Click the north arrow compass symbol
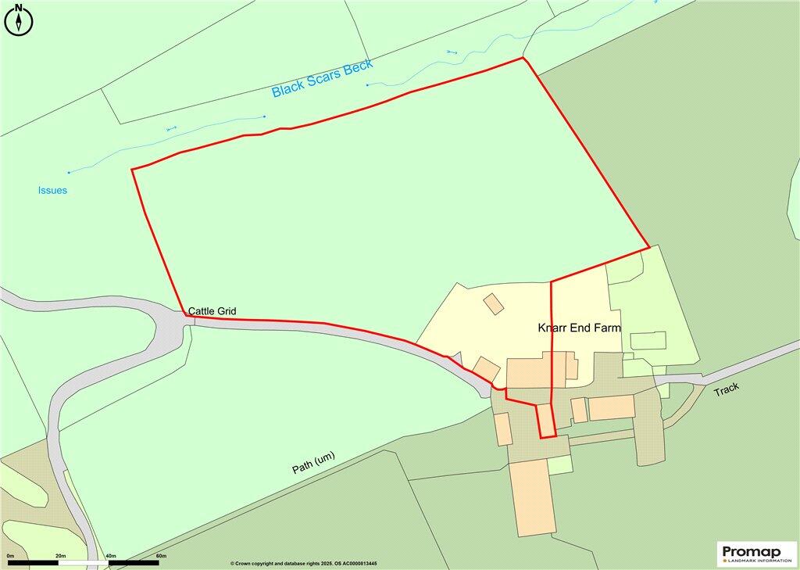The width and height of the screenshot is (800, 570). [19, 20]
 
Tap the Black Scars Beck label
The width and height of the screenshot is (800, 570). [322, 78]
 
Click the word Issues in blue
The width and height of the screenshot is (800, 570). [52, 190]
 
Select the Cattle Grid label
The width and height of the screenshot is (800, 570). [212, 311]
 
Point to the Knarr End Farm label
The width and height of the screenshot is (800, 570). [579, 328]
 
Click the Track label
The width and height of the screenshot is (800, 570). [726, 389]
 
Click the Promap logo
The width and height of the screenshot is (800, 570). [757, 553]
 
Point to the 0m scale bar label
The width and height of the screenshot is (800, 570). [10, 555]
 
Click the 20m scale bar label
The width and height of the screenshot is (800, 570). [60, 555]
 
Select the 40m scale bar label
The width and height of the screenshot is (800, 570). [110, 555]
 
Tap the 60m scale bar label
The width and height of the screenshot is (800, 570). [161, 555]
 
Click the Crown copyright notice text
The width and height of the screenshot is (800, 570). [303, 564]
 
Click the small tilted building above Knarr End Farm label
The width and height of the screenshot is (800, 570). [494, 303]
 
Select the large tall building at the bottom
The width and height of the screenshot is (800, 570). [534, 497]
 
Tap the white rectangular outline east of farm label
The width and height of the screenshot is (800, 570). [648, 341]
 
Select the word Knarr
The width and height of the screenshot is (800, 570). [553, 328]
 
